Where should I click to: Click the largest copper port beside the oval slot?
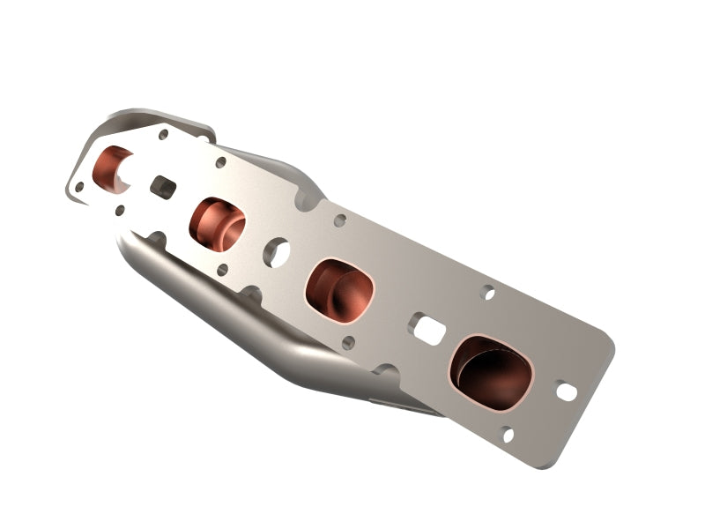click(491, 372)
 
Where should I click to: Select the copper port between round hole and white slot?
click(339, 289)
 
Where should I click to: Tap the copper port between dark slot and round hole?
click(217, 224)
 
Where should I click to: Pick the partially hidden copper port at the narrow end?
click(112, 169)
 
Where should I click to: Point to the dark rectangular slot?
click(163, 186)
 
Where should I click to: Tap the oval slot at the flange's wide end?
click(566, 391)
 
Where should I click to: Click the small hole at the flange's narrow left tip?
click(79, 187)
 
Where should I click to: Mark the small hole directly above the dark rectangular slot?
click(163, 135)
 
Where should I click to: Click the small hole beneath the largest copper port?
click(507, 434)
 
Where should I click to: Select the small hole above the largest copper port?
click(488, 293)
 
